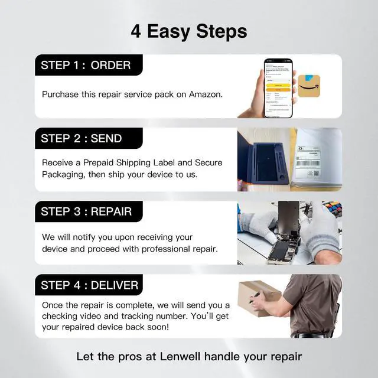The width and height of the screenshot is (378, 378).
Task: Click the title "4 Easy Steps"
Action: point(188,31)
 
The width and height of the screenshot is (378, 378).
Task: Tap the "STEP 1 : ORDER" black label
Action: point(86,65)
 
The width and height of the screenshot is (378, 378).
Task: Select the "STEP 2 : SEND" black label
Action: point(82,139)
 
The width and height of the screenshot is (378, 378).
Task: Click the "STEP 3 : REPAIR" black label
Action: point(87,211)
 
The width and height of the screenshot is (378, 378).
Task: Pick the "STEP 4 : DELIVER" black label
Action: point(90,285)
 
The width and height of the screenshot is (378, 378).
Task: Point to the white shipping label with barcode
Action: point(315,157)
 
